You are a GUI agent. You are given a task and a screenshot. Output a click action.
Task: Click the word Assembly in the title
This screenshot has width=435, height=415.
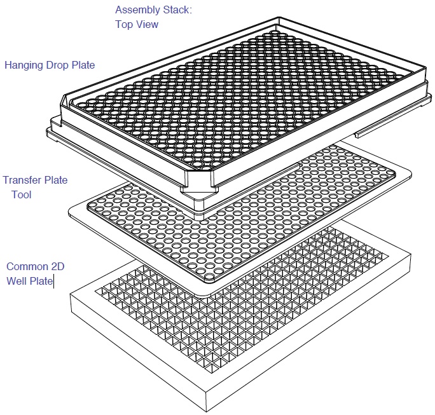pyautogui.click(x=137, y=11)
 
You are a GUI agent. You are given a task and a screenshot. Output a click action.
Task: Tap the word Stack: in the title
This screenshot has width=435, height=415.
pyautogui.click(x=177, y=10)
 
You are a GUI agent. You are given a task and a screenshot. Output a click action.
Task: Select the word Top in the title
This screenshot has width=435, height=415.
pyautogui.click(x=124, y=25)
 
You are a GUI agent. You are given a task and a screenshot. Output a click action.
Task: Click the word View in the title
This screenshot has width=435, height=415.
pyautogui.click(x=147, y=24)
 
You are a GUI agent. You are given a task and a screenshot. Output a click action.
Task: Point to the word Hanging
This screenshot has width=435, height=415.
pyautogui.click(x=24, y=65)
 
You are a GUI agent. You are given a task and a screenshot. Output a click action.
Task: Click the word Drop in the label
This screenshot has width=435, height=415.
pyautogui.click(x=58, y=65)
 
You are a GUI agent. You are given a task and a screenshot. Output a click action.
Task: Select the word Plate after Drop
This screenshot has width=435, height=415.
pyautogui.click(x=83, y=65)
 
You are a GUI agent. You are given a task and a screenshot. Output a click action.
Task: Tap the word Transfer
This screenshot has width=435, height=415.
pyautogui.click(x=22, y=180)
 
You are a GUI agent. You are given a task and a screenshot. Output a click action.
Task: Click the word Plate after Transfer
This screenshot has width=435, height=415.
pyautogui.click(x=56, y=180)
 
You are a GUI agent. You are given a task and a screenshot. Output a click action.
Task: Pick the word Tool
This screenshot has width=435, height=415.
pyautogui.click(x=22, y=194)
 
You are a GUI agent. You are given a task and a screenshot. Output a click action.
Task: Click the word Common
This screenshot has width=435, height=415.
pyautogui.click(x=27, y=266)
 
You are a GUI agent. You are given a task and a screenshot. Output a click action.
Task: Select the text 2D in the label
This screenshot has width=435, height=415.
pyautogui.click(x=58, y=266)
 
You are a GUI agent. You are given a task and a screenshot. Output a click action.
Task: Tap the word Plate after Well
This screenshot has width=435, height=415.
pyautogui.click(x=41, y=281)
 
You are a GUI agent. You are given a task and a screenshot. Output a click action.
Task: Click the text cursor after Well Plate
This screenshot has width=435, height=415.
pyautogui.click(x=54, y=282)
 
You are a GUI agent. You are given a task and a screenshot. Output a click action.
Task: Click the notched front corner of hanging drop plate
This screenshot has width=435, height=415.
pyautogui.click(x=198, y=191)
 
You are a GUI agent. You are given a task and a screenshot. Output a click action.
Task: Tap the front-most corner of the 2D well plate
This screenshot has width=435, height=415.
pyautogui.click(x=207, y=411)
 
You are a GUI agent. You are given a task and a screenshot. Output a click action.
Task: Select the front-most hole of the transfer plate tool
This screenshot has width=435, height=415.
pyautogui.click(x=209, y=276)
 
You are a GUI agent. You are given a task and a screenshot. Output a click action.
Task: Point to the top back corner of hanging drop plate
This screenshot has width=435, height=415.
pyautogui.click(x=278, y=18)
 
